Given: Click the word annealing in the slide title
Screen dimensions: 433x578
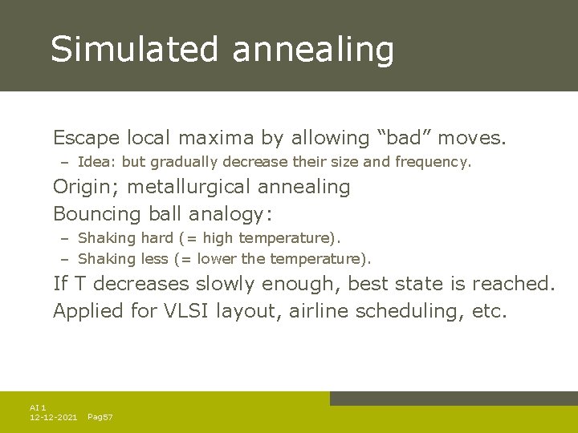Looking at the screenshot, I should [313, 51].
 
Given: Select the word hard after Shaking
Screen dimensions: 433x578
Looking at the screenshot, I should [157, 237].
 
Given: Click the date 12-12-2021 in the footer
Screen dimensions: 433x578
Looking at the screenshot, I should [53, 418].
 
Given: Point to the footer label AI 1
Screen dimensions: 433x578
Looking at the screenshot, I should [38, 408].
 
